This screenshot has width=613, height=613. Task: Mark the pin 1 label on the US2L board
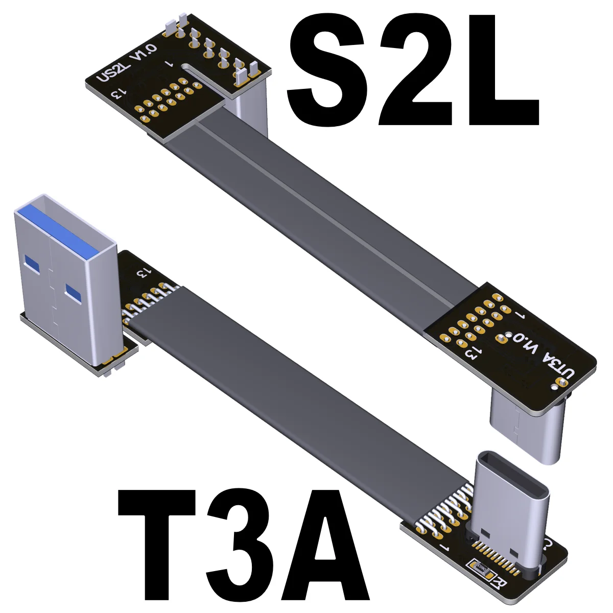coord(170,65)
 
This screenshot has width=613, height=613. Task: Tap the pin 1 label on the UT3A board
coord(521,315)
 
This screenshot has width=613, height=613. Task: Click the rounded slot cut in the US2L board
coord(204,72)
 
